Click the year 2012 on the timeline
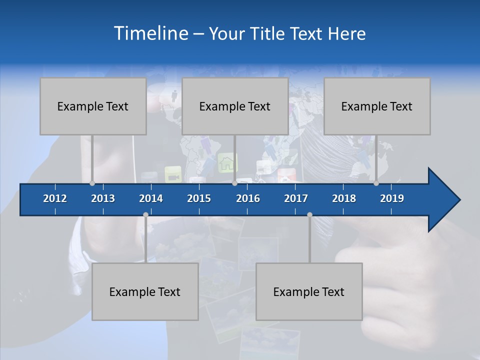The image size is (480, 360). tap(55, 198)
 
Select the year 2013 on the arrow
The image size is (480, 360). tap(103, 198)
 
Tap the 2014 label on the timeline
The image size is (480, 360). tap(151, 198)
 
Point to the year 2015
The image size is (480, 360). tap(199, 198)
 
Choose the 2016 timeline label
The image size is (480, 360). tap(248, 198)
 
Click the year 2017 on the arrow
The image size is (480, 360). tap(296, 198)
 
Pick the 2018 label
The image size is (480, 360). tap(344, 198)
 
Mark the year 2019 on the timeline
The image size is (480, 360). tap(392, 198)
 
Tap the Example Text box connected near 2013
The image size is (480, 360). tap(93, 106)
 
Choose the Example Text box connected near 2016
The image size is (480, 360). tap(235, 106)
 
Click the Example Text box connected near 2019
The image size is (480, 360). tap(377, 106)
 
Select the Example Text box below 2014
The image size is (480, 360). tap(145, 292)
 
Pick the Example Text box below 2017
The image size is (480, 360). tap(309, 292)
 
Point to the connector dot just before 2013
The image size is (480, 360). tap(92, 183)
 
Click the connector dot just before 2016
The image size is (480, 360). tap(234, 183)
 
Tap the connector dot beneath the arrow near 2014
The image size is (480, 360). tap(145, 215)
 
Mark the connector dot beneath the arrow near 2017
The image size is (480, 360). tap(309, 215)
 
